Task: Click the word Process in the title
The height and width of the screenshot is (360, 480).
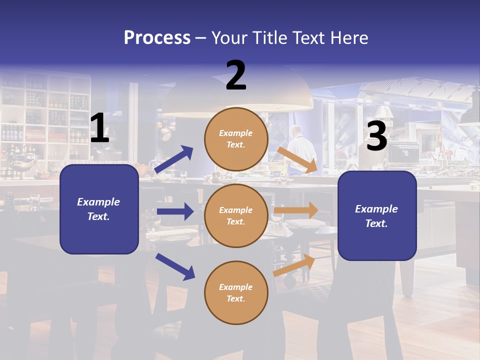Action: [x=157, y=38]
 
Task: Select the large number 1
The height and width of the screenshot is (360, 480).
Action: [x=99, y=128]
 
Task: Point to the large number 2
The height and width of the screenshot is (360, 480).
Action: [x=236, y=75]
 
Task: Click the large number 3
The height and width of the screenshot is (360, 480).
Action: [x=376, y=136]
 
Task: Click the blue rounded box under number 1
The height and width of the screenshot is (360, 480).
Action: [x=99, y=209]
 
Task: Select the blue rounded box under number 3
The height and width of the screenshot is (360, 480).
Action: [x=377, y=216]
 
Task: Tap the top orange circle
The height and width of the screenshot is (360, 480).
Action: [x=236, y=139]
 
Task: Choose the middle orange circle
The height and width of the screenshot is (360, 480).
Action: [x=236, y=216]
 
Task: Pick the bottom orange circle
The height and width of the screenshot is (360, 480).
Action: [x=236, y=293]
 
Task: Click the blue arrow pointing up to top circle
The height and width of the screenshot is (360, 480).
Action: [x=174, y=159]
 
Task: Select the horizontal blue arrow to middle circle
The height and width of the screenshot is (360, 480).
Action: [x=175, y=211]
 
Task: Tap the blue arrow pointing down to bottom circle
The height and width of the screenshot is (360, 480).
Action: [x=175, y=266]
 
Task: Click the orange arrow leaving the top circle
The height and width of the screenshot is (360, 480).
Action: [x=297, y=159]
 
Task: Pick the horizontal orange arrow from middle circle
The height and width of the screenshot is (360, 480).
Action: [x=296, y=210]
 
